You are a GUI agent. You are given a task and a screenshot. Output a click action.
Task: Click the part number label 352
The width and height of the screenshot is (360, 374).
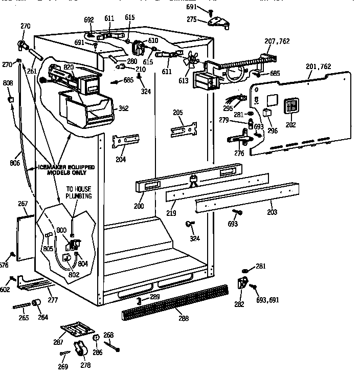click(x=123, y=108)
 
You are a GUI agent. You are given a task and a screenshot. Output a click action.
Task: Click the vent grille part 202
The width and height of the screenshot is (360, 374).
click(x=291, y=106)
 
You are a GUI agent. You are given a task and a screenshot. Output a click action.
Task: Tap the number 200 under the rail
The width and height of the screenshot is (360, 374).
click(x=139, y=206)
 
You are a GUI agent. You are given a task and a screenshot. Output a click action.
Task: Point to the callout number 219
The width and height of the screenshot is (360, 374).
click(x=173, y=212)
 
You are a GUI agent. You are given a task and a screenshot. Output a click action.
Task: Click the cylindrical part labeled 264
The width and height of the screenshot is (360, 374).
click(x=37, y=305)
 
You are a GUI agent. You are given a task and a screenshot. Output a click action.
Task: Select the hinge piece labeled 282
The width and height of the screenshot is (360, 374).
click(x=241, y=284)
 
